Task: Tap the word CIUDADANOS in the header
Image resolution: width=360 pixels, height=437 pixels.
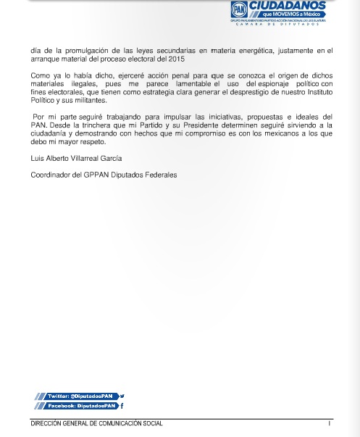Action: coord(288,7)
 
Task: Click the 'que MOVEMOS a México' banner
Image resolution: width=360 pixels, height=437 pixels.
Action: coord(288,16)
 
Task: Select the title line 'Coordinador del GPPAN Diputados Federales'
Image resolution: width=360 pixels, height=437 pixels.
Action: coord(103,175)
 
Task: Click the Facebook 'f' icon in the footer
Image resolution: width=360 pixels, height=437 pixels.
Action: coord(122,407)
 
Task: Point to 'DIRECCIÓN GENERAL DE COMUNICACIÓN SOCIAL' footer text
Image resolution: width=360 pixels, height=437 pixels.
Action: coord(96,423)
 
